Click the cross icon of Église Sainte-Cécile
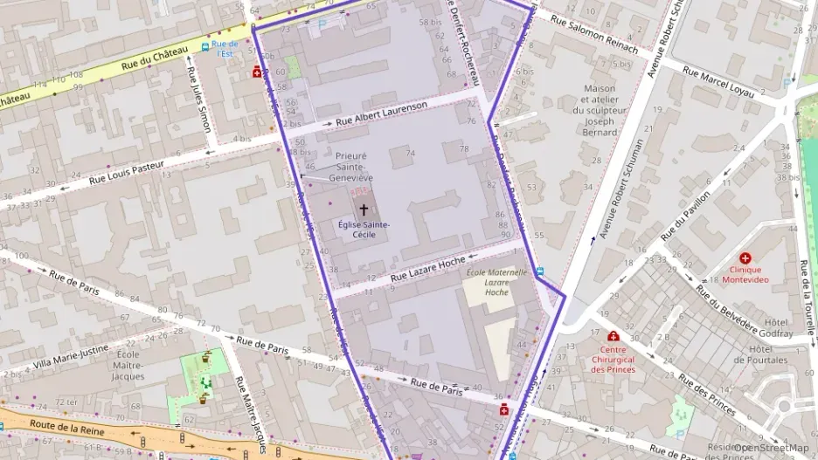tap(364, 209)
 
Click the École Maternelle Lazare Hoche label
tap(498, 282)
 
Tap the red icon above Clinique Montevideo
tap(745, 258)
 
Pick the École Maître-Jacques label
tap(128, 365)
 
